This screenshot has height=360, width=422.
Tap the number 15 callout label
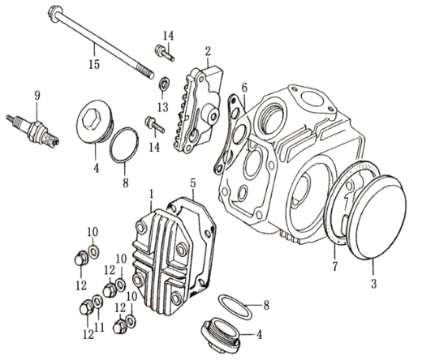pyautogui.click(x=94, y=62)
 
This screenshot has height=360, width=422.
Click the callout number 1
pyautogui.click(x=151, y=194)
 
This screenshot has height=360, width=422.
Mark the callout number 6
pyautogui.click(x=243, y=88)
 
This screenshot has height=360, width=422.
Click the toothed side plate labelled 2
pyautogui.click(x=198, y=105)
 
